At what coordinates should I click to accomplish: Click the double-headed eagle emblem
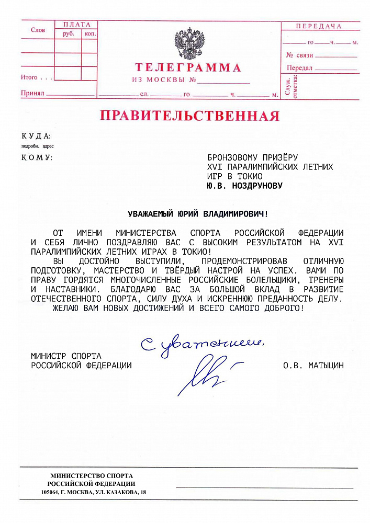[189, 44]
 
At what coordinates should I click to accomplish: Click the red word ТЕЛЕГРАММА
[188, 67]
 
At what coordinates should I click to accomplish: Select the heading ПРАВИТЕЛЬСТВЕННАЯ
[189, 115]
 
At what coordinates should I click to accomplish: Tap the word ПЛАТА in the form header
[76, 25]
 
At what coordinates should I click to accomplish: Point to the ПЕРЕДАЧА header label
[318, 26]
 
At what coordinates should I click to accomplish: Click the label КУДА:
[36, 136]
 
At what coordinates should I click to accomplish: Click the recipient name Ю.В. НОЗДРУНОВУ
[244, 185]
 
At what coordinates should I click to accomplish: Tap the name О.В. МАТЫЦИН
[313, 365]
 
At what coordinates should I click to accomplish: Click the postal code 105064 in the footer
[51, 493]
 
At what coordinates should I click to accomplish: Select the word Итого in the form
[29, 77]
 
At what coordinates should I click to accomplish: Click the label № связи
[299, 55]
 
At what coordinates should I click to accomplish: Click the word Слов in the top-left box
[38, 30]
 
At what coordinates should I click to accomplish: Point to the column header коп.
[90, 33]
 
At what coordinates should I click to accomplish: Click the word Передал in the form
[299, 68]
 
